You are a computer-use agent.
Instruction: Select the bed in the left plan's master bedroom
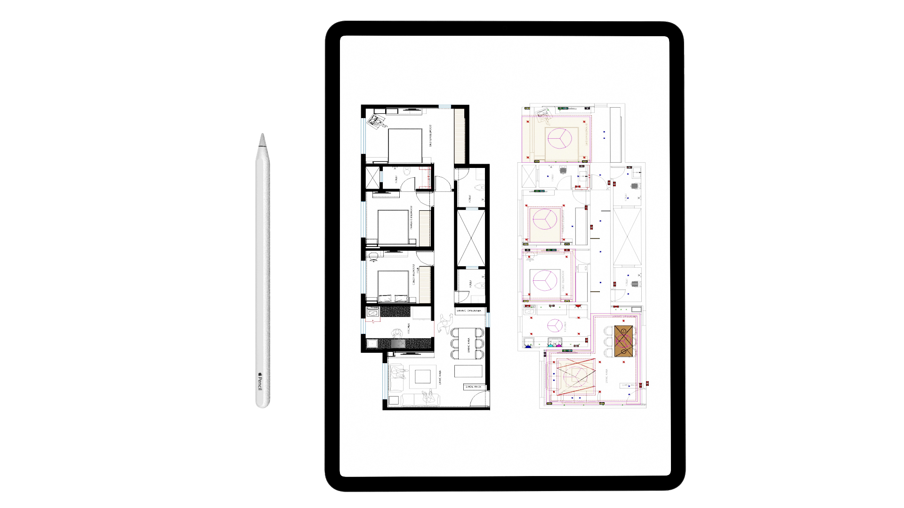[x=405, y=145]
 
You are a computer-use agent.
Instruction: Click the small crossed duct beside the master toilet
[x=372, y=178]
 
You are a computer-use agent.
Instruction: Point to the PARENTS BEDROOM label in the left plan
[x=411, y=217]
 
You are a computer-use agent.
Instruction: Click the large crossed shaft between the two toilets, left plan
[x=471, y=238]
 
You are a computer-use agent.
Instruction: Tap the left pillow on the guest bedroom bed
[x=385, y=298]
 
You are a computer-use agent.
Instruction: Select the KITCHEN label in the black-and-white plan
[x=409, y=328]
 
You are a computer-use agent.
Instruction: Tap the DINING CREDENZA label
[x=469, y=311]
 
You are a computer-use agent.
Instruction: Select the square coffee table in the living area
[x=422, y=377]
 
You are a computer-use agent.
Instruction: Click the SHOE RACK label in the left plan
[x=474, y=387]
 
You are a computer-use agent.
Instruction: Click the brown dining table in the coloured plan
[x=623, y=341]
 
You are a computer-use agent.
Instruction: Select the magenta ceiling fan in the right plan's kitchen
[x=555, y=325]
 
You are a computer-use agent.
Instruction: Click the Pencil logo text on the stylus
[x=259, y=382]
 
